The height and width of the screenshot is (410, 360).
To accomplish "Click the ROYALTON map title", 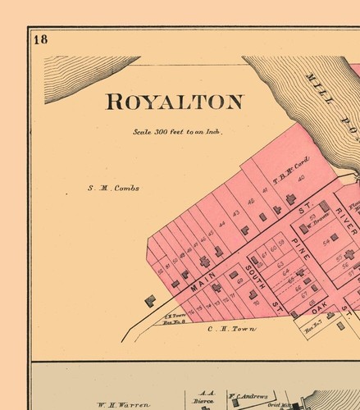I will pyautogui.click(x=174, y=102).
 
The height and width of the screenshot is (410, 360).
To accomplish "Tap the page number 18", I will pyautogui.click(x=41, y=39).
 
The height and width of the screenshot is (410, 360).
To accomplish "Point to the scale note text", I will pyautogui.click(x=178, y=131).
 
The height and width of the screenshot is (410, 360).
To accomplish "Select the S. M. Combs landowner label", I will pyautogui.click(x=113, y=188).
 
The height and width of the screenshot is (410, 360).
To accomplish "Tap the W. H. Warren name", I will pyautogui.click(x=123, y=404).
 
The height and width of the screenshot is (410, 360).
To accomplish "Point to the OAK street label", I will pyautogui.click(x=320, y=306).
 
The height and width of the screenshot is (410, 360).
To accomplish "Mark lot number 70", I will pyautogui.click(x=255, y=301).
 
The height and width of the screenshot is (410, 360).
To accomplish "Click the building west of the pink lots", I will pyautogui.click(x=150, y=301).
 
